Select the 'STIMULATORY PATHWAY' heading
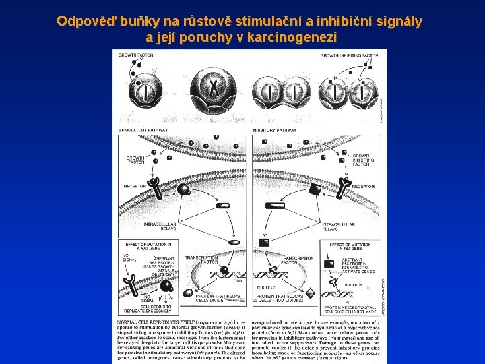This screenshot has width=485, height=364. point(141,130)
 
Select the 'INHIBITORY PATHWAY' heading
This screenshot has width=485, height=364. point(274,130)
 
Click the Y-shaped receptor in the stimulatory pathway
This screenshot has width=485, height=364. point(154,185)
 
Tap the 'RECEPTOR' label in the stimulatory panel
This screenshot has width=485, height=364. point(135,187)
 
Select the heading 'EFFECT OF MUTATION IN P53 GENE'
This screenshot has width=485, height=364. point(350,247)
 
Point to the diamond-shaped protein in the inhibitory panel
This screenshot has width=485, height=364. point(311,293)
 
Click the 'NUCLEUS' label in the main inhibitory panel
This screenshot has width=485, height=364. point(266,287)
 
